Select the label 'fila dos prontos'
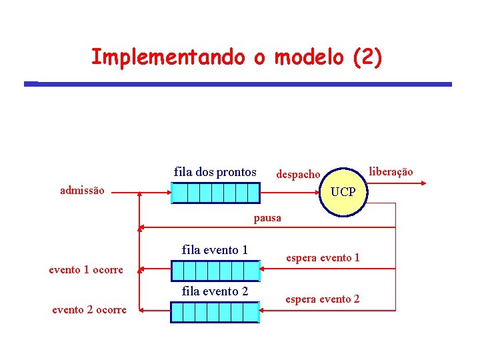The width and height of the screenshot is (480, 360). click(215, 172)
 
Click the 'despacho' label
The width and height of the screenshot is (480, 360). click(298, 174)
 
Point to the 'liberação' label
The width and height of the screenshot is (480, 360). click(391, 171)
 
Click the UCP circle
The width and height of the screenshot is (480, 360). click(343, 191)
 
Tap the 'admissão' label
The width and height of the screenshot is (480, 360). click(82, 190)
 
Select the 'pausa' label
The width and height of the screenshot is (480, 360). click(267, 217)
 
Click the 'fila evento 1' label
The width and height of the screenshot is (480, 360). click(215, 250)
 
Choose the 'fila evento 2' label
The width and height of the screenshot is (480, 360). click(215, 291)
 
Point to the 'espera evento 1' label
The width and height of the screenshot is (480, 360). click(323, 257)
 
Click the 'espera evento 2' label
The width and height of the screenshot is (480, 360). click(323, 299)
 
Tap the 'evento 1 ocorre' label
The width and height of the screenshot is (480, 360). click(86, 270)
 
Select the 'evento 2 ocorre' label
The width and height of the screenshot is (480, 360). click(89, 309)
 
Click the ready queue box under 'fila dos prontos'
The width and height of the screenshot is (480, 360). click(215, 193)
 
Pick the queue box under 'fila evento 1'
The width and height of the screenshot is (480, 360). click(215, 270)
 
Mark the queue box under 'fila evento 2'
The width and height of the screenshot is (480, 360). click(215, 311)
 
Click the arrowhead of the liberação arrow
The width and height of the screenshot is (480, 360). click(421, 181)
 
